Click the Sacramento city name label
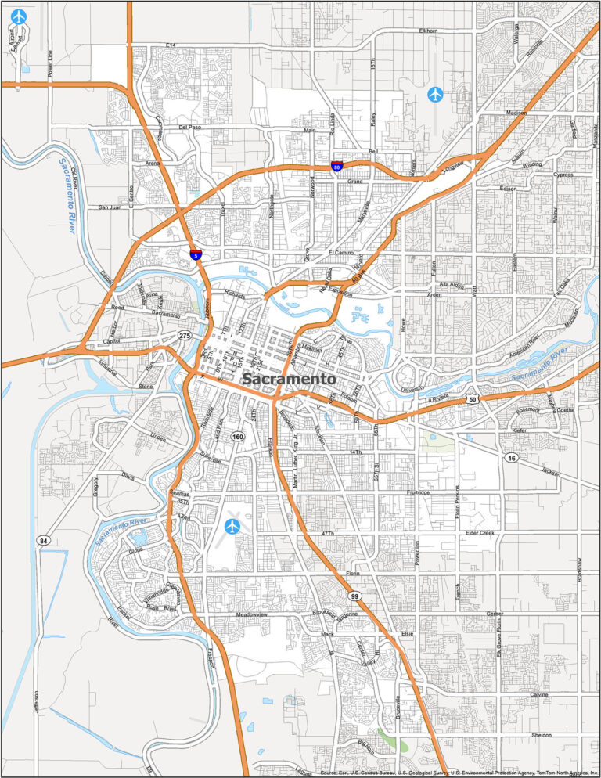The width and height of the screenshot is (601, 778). click(290, 379)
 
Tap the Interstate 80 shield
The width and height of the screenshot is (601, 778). click(336, 167)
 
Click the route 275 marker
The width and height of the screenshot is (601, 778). click(185, 336)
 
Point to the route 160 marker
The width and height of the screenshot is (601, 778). click(238, 437)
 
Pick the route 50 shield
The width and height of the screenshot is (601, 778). click(473, 400)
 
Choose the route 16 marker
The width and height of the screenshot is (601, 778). click(510, 457)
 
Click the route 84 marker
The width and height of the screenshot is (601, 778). click(42, 541)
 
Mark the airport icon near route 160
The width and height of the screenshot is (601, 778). click(232, 526)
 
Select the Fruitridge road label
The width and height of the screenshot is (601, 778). click(419, 493)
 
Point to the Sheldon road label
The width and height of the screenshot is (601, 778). click(541, 735)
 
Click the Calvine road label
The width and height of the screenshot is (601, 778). click(538, 694)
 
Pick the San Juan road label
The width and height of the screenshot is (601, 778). click(110, 207)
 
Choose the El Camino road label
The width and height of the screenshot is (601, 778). click(341, 253)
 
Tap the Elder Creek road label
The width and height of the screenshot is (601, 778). click(480, 533)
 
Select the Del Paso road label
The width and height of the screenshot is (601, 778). click(190, 127)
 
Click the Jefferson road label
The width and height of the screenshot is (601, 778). click(37, 701)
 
